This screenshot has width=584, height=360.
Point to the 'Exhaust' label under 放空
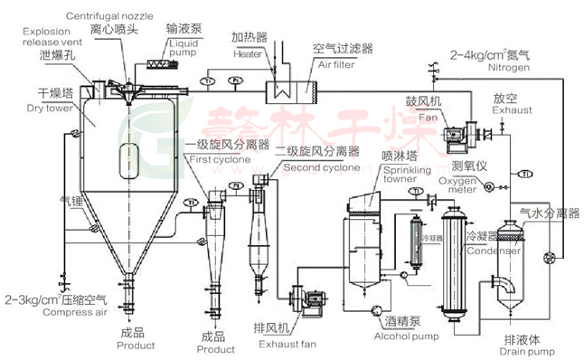(506, 111)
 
